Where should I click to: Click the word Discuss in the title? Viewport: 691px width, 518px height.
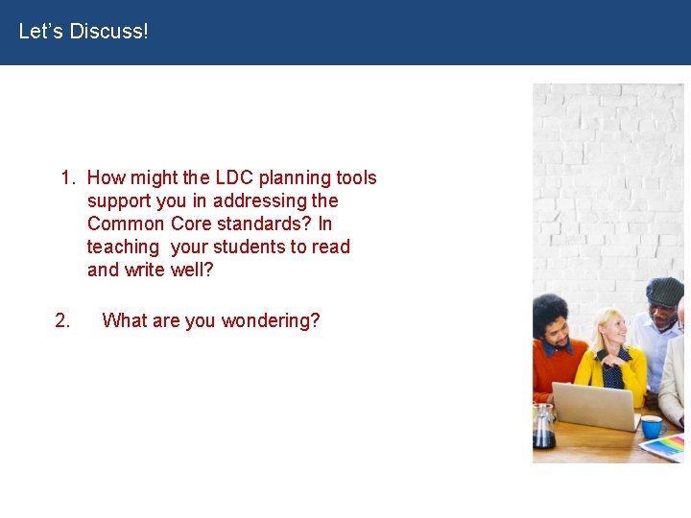[x=110, y=32]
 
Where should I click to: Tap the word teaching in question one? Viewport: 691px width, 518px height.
[x=123, y=247]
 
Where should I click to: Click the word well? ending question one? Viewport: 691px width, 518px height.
[x=192, y=270]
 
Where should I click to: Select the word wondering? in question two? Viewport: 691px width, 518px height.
[x=271, y=320]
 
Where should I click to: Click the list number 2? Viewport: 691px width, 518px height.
[x=62, y=320]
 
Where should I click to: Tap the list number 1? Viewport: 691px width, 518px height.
[x=67, y=177]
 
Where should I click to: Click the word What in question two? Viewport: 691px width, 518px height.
[x=123, y=320]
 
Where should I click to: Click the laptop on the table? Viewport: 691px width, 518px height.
[x=595, y=405]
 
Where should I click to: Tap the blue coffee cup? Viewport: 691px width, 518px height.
[x=651, y=426]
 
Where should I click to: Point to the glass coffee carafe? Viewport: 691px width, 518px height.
[x=543, y=428]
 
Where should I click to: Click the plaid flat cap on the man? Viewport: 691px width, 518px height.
[x=664, y=291]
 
